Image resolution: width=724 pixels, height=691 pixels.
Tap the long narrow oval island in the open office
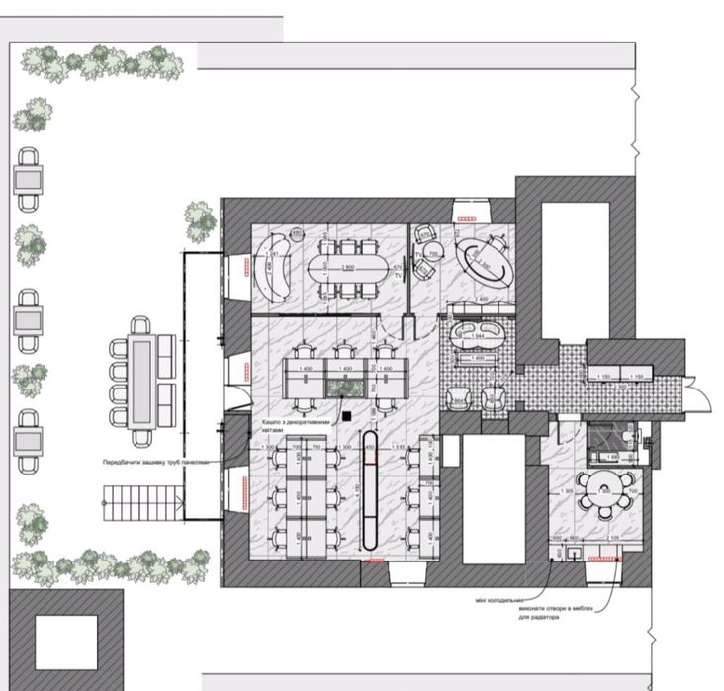tap(371, 488)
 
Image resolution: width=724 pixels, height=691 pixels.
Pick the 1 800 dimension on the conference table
tap(347, 268)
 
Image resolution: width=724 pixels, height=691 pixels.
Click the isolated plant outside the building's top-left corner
tap(199, 218)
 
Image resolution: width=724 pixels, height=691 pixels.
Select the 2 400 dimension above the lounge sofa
tap(482, 298)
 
